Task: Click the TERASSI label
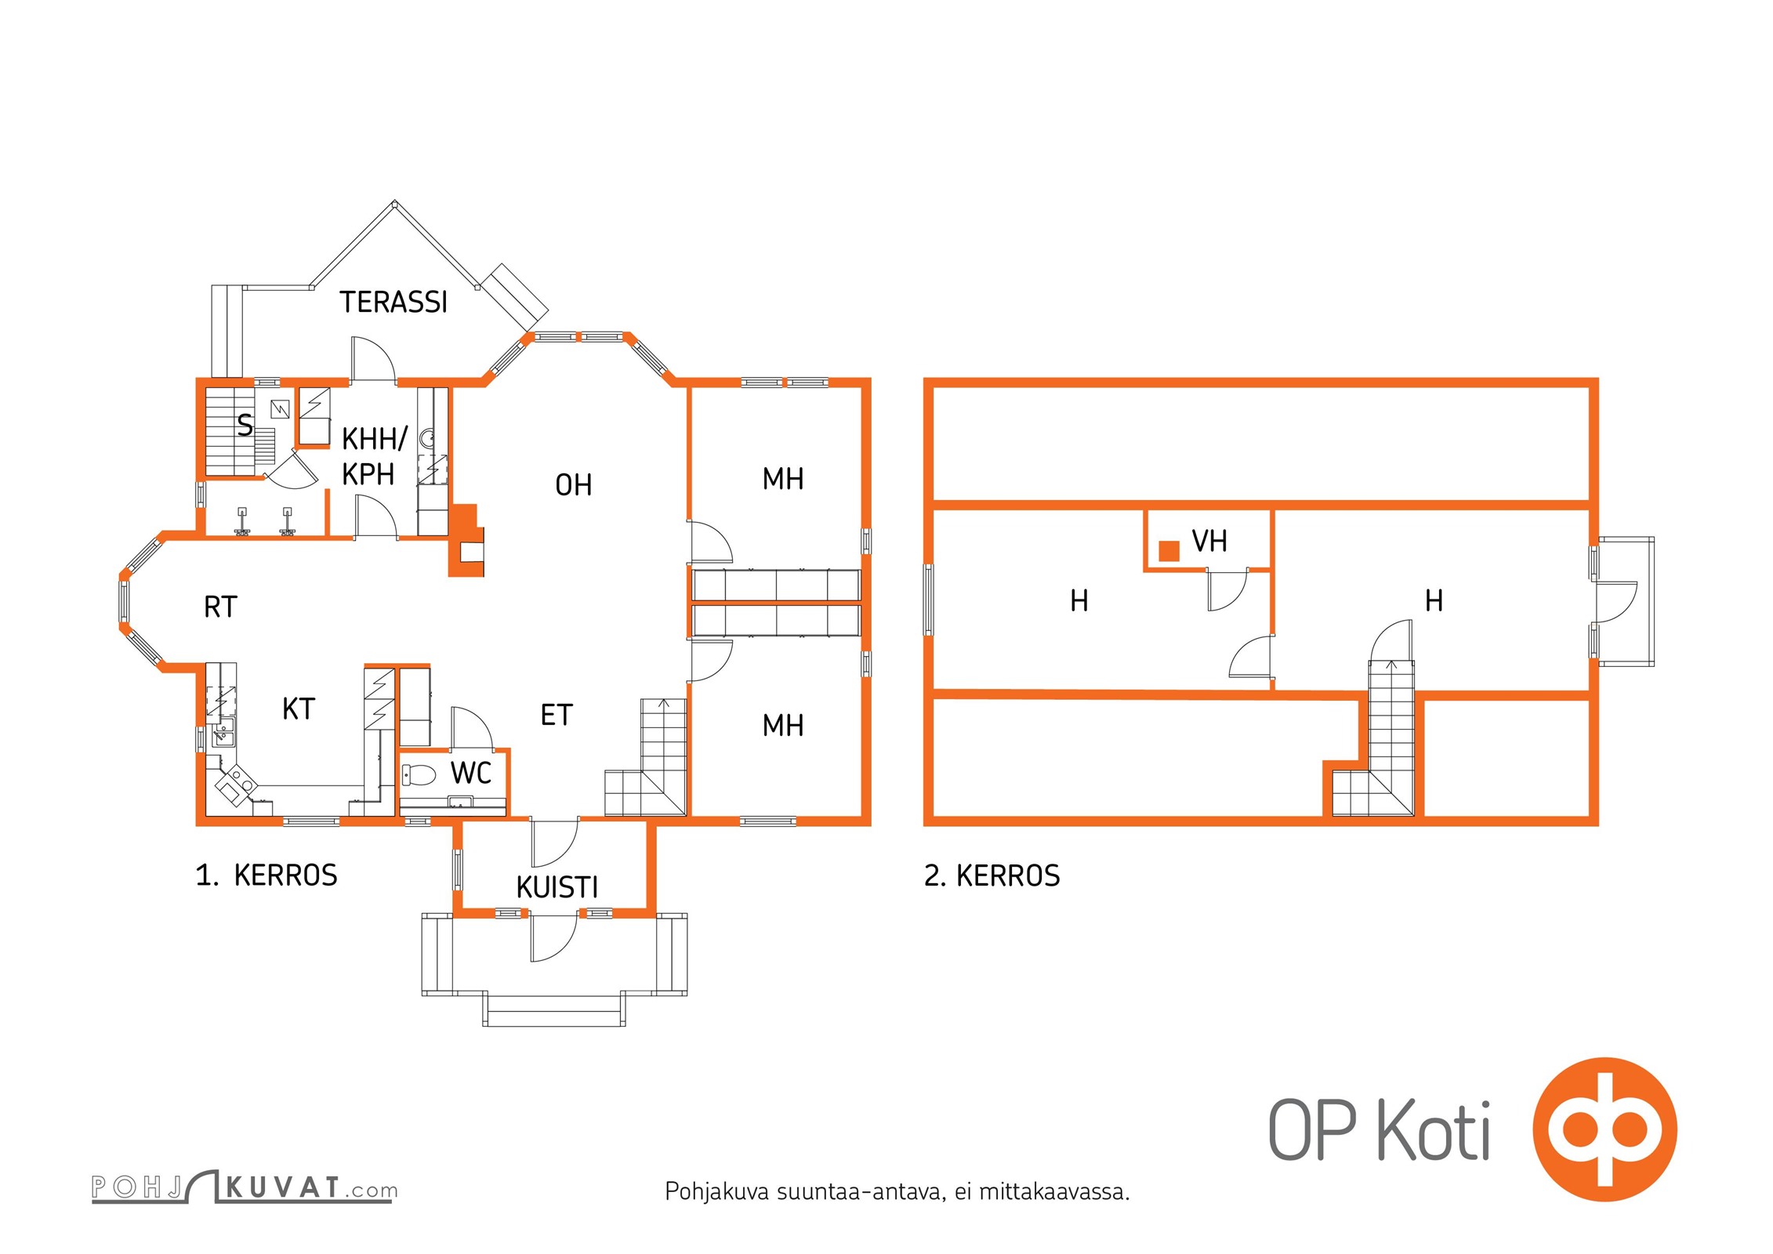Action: (x=393, y=302)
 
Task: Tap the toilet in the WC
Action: (x=418, y=774)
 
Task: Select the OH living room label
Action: (x=573, y=485)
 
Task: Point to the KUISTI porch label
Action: (x=557, y=887)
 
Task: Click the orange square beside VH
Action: (x=1169, y=551)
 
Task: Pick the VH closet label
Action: (x=1209, y=541)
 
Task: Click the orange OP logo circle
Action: (x=1604, y=1129)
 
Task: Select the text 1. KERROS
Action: (x=266, y=875)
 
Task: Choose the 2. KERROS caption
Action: (x=992, y=875)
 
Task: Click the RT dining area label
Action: (x=220, y=607)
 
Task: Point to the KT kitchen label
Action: (x=299, y=709)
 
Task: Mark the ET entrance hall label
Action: (x=557, y=715)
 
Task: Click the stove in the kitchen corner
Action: (x=236, y=785)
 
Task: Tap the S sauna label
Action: (x=245, y=426)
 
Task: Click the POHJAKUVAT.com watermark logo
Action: (x=245, y=1187)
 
